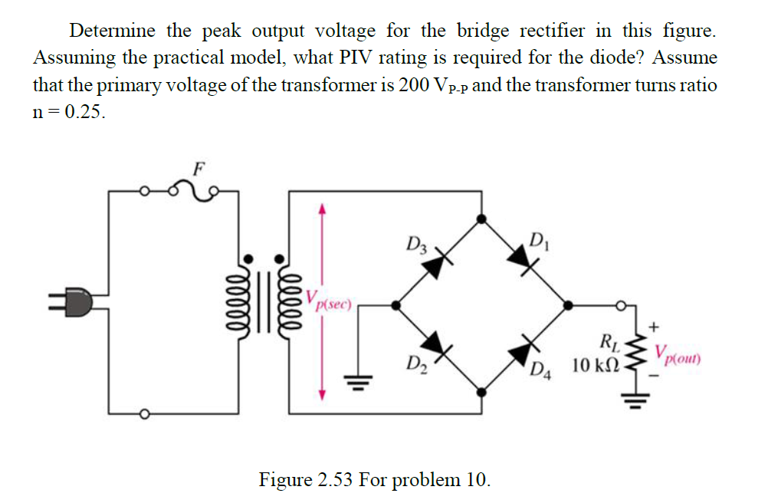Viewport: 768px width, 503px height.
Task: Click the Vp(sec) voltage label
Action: (x=329, y=299)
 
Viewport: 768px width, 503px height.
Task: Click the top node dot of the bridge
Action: (x=481, y=219)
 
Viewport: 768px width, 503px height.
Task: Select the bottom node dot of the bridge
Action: (x=481, y=392)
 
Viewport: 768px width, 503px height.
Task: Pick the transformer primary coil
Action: (x=247, y=300)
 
